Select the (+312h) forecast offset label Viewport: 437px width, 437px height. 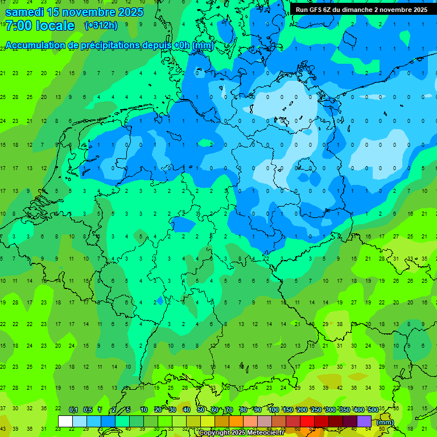101,26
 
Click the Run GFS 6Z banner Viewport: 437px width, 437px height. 361,10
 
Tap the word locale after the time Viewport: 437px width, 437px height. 55,26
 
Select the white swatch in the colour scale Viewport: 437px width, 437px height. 65,421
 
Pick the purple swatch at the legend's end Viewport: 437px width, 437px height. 364,421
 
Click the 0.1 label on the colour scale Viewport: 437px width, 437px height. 73,410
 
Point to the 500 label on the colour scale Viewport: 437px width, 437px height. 373,410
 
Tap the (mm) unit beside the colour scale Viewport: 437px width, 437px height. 385,422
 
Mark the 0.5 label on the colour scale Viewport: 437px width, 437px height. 88,410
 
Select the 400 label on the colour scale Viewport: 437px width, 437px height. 358,410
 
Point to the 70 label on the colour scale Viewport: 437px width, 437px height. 229,410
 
